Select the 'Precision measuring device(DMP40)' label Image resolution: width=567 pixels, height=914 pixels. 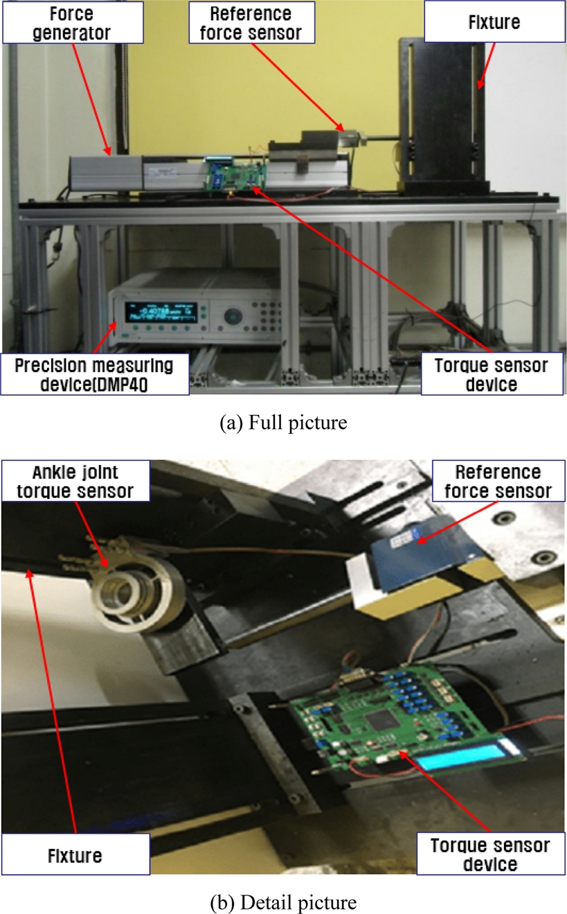point(95,374)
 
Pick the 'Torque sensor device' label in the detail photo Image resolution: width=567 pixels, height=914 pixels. point(489,854)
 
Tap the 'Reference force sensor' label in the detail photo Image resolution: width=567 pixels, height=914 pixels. point(497,482)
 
